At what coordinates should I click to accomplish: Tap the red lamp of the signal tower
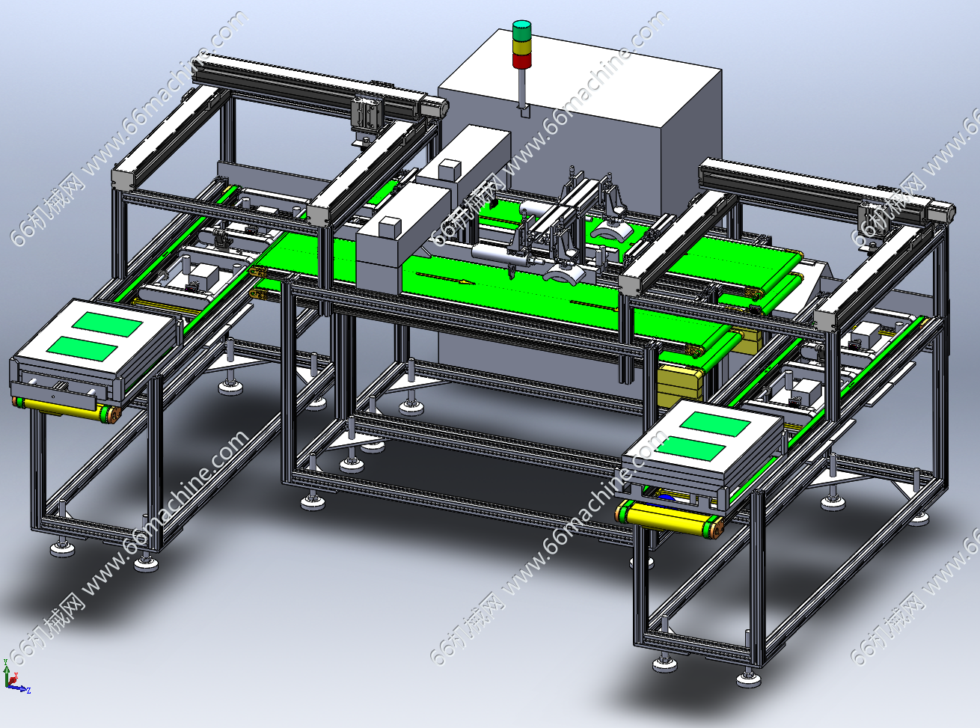[x=521, y=61]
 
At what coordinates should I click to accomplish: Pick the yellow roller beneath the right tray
[x=670, y=520]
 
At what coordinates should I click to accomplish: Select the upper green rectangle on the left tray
[x=108, y=325]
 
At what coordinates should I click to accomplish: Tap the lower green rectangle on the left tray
[x=82, y=349]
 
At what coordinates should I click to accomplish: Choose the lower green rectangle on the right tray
[x=690, y=448]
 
